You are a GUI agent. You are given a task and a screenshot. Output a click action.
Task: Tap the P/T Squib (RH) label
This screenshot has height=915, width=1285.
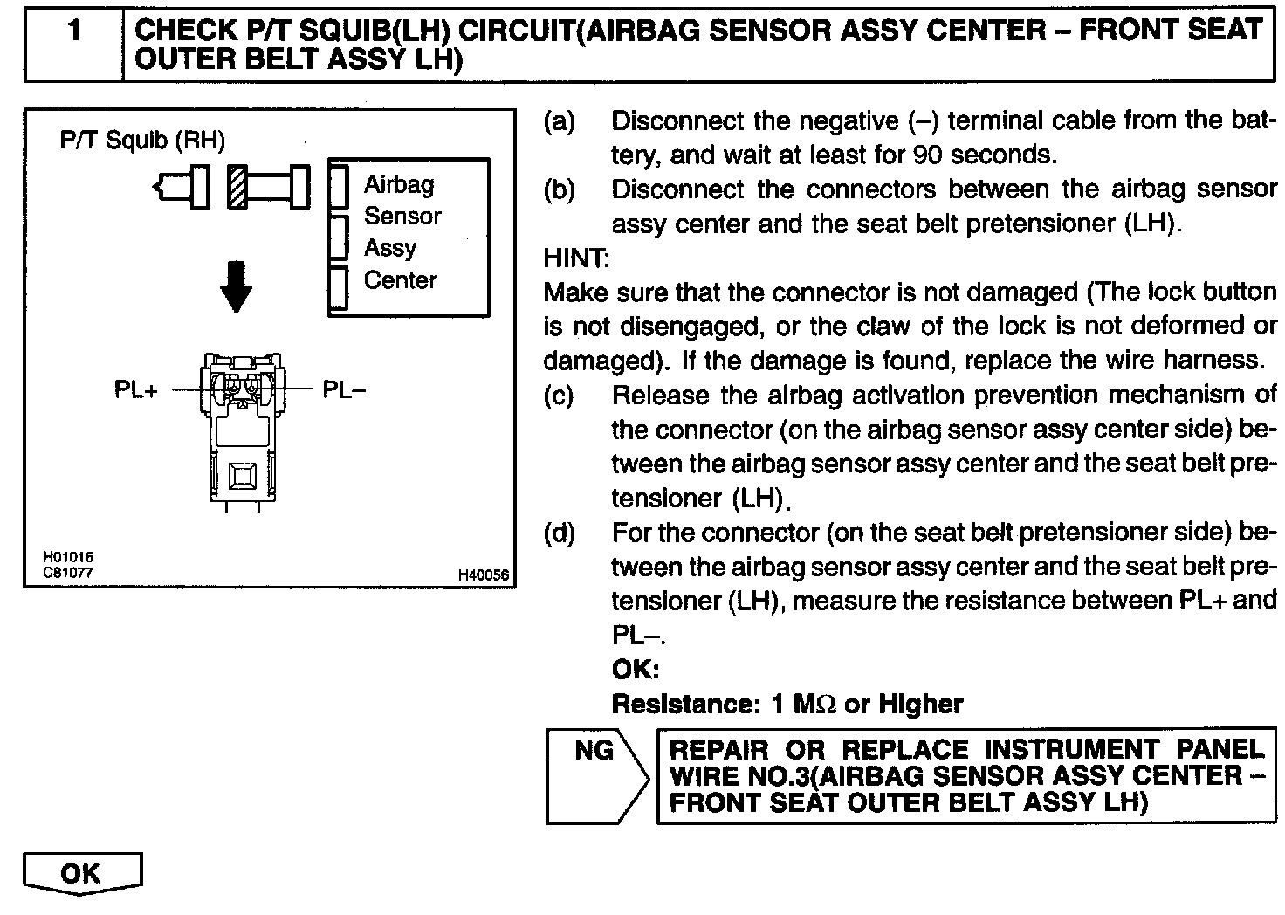(141, 140)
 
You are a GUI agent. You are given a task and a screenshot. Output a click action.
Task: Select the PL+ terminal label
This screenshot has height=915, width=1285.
(136, 389)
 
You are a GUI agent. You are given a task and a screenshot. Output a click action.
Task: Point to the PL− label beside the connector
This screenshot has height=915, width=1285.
(344, 389)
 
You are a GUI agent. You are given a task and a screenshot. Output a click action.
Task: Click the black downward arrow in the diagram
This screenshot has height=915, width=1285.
(236, 286)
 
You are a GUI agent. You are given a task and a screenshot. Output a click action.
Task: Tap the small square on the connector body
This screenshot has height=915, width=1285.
(239, 476)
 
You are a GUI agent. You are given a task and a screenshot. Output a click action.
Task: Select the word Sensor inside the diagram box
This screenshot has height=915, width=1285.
(402, 216)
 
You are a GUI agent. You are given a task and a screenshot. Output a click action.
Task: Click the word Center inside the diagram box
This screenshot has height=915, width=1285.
(400, 280)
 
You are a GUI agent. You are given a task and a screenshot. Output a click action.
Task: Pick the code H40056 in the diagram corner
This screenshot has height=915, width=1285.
(483, 575)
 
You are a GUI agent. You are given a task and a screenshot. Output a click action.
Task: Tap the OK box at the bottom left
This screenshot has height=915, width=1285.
(82, 873)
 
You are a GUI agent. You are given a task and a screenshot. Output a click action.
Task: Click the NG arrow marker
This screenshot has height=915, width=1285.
(595, 774)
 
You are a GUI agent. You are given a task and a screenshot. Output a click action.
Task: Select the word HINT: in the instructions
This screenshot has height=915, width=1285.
(576, 258)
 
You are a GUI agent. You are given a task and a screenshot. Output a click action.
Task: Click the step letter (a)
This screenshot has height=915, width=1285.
(559, 121)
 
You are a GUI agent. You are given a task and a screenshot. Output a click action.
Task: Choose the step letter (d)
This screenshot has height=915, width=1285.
(559, 533)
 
